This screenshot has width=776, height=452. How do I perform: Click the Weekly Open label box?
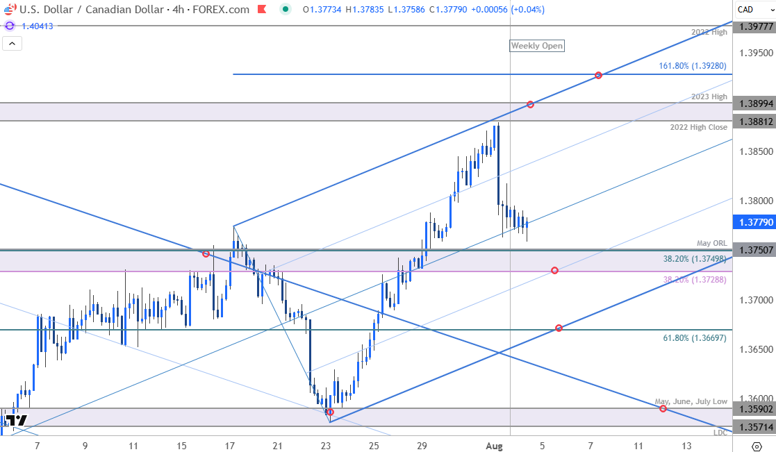(x=537, y=46)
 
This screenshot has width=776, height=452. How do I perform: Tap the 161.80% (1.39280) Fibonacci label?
(x=693, y=66)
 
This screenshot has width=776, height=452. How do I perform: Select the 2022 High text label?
(x=709, y=33)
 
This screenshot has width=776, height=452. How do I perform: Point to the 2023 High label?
(x=709, y=97)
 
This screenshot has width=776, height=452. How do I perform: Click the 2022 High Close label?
(x=698, y=127)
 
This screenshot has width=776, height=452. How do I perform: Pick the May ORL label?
(x=712, y=243)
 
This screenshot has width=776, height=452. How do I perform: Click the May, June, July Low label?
(x=691, y=402)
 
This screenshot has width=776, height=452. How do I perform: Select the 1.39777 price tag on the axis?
(x=754, y=26)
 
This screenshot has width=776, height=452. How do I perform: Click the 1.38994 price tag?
(x=754, y=103)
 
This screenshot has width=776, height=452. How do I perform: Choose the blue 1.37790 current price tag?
(x=754, y=221)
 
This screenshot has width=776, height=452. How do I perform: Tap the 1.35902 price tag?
(x=754, y=408)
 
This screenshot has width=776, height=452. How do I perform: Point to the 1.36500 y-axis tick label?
(x=754, y=349)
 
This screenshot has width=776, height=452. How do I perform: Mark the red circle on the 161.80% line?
(x=598, y=74)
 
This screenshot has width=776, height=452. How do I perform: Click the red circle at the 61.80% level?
(x=559, y=328)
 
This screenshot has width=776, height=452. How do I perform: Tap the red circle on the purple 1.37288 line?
(x=554, y=270)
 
